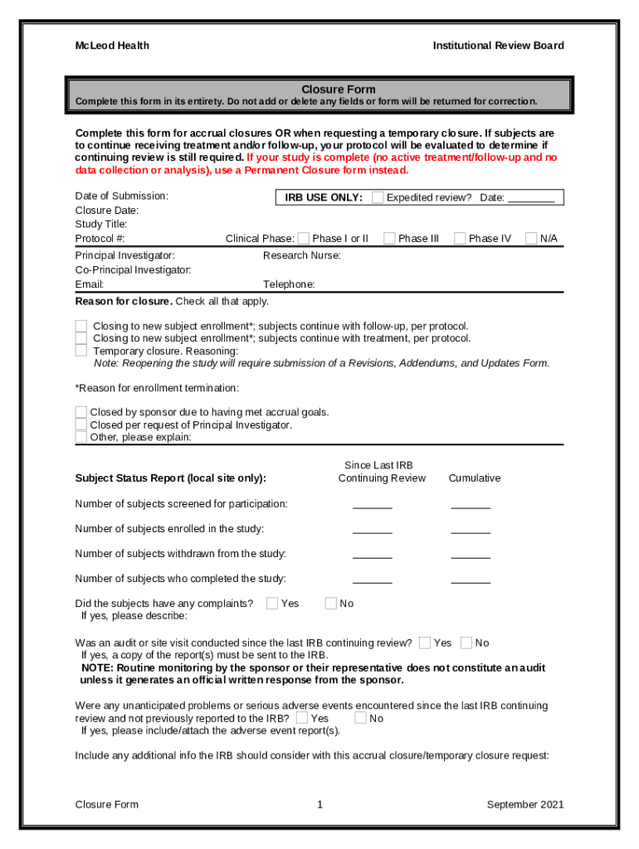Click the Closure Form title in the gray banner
pos(338,90)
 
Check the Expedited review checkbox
pos(378,197)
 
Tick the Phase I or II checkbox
pos(304,239)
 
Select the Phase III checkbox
pos(389,239)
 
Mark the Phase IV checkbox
pos(460,239)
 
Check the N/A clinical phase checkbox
pos(532,239)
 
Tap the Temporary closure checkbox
pos(81,351)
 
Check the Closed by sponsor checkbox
pos(81,412)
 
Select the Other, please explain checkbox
pos(81,437)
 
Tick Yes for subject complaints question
pos(272,604)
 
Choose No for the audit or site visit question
pos(466,643)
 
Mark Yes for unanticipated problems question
pos(302,718)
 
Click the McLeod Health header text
pos(112,46)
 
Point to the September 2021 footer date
pos(525,804)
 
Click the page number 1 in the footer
pos(319,804)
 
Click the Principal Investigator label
pos(124,255)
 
